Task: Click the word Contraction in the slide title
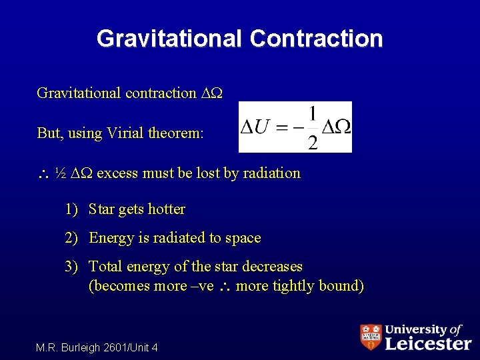(317, 39)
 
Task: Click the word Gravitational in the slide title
(169, 39)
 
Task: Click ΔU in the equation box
(254, 127)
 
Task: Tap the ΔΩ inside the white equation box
(337, 127)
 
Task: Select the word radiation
(269, 173)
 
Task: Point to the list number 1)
(73, 209)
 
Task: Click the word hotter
(166, 209)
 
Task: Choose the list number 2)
(73, 238)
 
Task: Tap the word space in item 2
(243, 238)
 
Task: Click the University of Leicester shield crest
(371, 337)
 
